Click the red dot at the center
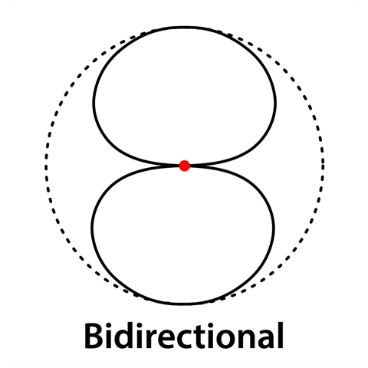pos(184,166)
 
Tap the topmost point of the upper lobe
pos(185,28)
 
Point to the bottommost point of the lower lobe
pos(183,304)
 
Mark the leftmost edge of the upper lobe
pos(94,102)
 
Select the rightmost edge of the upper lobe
pos(275,103)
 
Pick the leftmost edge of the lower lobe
pos(92,228)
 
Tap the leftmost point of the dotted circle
pos(46,165)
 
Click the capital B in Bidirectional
pos(94,336)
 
